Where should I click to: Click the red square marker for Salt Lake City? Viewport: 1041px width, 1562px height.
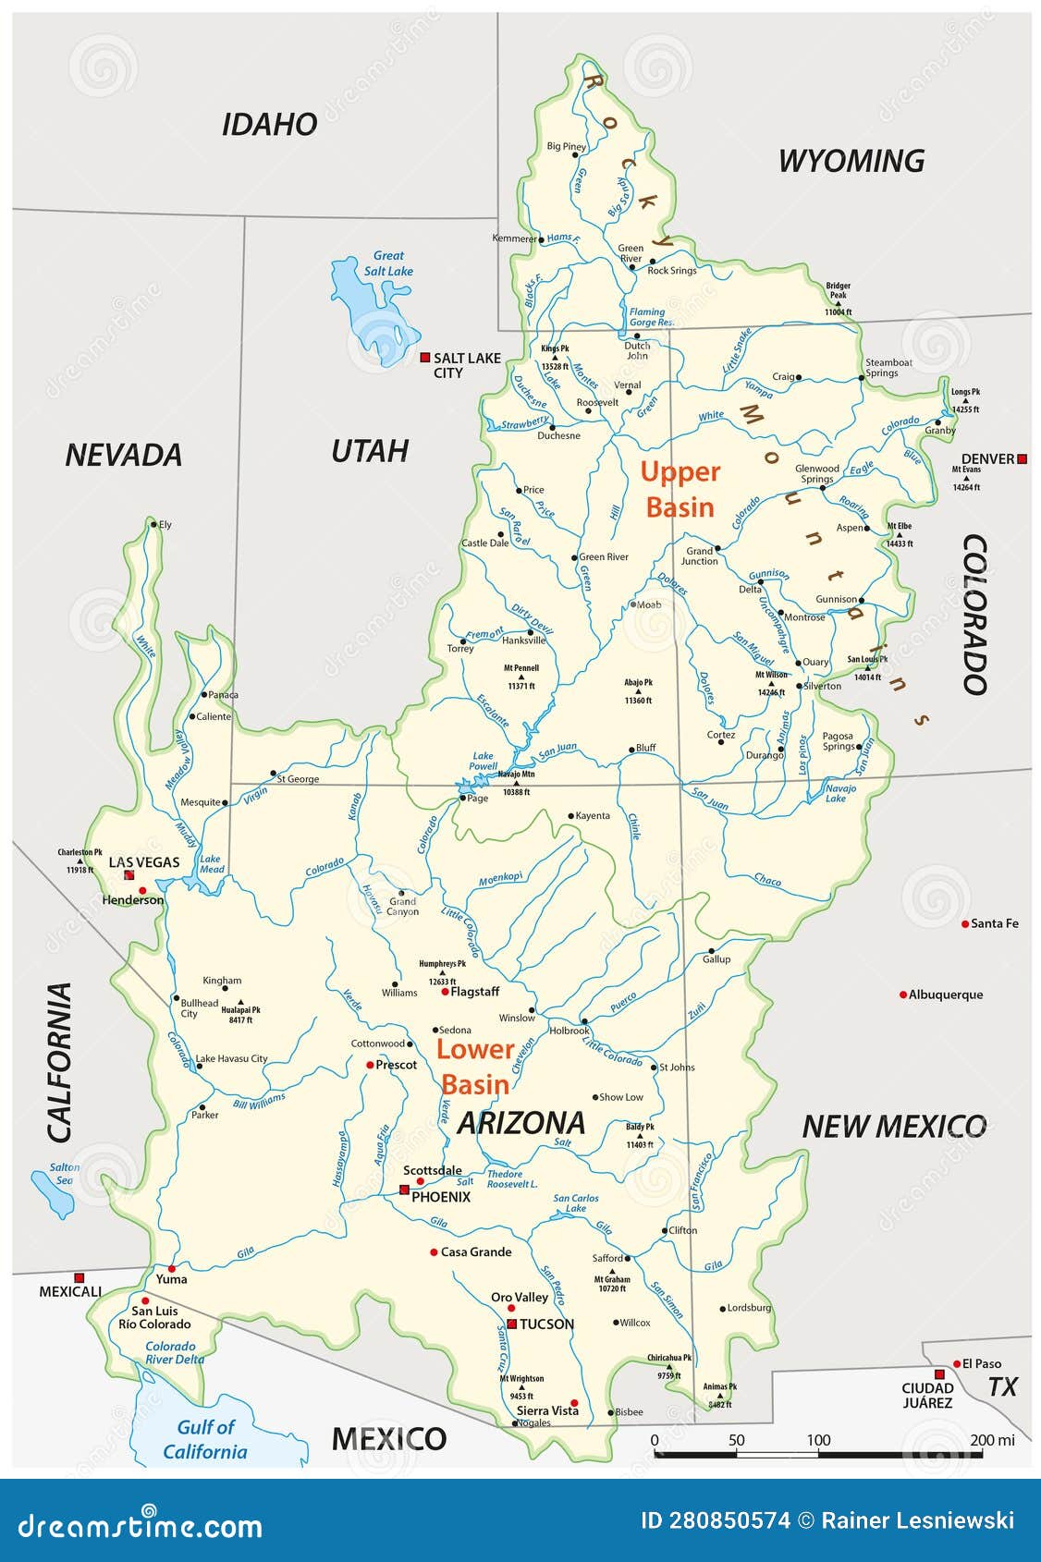click(425, 357)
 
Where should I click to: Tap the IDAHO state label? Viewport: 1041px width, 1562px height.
click(270, 124)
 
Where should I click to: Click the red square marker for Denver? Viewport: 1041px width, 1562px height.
click(1022, 458)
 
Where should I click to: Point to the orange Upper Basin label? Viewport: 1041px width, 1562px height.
click(680, 489)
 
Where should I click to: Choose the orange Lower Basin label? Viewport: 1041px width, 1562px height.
click(475, 1067)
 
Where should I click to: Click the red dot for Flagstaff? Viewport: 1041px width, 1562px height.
click(445, 992)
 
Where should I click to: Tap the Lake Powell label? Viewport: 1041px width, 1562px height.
click(484, 761)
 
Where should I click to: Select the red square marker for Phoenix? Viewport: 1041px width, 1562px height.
click(404, 1190)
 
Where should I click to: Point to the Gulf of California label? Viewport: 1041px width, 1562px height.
click(205, 1439)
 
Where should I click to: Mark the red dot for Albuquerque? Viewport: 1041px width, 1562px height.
click(903, 995)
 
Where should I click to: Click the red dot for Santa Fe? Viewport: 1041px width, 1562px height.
click(965, 923)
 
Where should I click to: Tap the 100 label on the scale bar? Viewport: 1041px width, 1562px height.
click(818, 1440)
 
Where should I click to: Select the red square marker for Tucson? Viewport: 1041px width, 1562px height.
click(511, 1324)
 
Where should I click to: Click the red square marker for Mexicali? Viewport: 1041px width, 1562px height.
click(79, 1277)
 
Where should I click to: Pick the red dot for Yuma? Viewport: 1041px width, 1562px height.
click(171, 1268)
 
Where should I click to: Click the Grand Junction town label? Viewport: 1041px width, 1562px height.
click(700, 555)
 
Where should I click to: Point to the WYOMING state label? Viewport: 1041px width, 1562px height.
click(851, 161)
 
